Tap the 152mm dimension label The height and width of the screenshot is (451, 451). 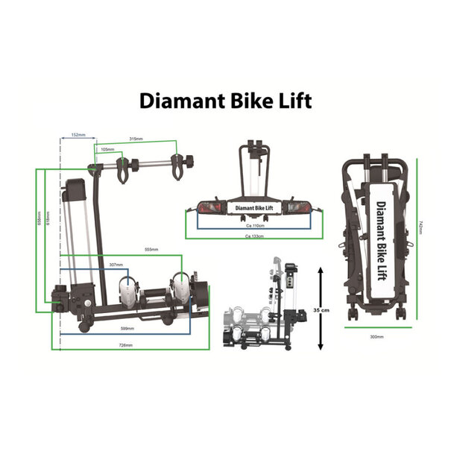(78, 136)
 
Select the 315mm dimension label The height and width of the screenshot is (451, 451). (136, 139)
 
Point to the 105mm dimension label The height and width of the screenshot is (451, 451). (108, 149)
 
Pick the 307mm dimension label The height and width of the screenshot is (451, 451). (116, 264)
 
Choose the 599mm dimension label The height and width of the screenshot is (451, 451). (127, 328)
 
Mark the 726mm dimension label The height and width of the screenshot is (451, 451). (124, 345)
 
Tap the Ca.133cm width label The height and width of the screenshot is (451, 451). (256, 236)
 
